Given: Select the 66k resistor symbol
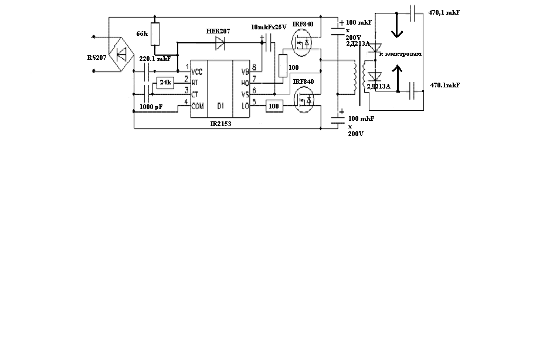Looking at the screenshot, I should coord(155,34).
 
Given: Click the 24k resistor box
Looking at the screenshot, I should coord(165,83).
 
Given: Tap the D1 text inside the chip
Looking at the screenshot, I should coord(220,106).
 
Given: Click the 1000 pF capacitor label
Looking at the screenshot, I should coord(151,108).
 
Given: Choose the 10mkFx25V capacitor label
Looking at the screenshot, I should coord(268,28).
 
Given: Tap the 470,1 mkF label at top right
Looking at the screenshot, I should coord(444,12).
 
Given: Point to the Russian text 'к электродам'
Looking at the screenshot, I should coord(401,53).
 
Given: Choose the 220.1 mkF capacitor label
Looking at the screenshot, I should coord(155,59).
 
